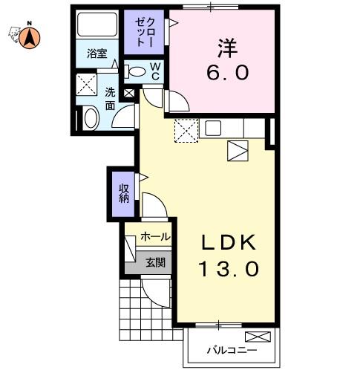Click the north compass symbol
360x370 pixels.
pos(30,38)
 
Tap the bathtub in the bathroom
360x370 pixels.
pos(97,25)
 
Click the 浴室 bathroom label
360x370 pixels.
pos(97,53)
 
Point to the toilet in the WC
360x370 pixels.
pos(135,71)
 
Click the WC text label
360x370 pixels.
pos(155,71)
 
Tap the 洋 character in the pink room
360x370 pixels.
pos(228,48)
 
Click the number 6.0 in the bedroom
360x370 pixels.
pos(228,73)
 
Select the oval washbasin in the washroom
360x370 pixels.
pos(91,118)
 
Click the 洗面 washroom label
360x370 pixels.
pos(110,99)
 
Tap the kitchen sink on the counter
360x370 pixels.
pos(213,128)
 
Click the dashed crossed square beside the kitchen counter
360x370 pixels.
pos(186,131)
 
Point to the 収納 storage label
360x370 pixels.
pos(124,194)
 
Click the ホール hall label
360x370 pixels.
pos(155,237)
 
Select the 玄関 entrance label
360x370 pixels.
pos(155,262)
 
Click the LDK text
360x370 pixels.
pos(229,243)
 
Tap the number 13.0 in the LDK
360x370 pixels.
pos(229,269)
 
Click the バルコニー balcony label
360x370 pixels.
pos(232,350)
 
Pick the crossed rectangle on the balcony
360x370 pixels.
pos(258,337)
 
